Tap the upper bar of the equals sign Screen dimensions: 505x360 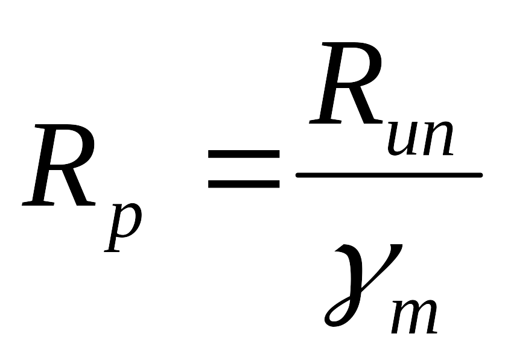pos(244,154)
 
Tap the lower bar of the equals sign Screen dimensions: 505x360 pos(244,183)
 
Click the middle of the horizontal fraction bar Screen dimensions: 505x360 pos(389,175)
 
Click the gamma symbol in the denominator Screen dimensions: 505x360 pos(363,283)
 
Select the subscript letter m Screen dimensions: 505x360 pos(414,315)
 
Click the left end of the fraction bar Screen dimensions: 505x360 pos(297,175)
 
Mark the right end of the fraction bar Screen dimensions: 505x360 pos(481,175)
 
